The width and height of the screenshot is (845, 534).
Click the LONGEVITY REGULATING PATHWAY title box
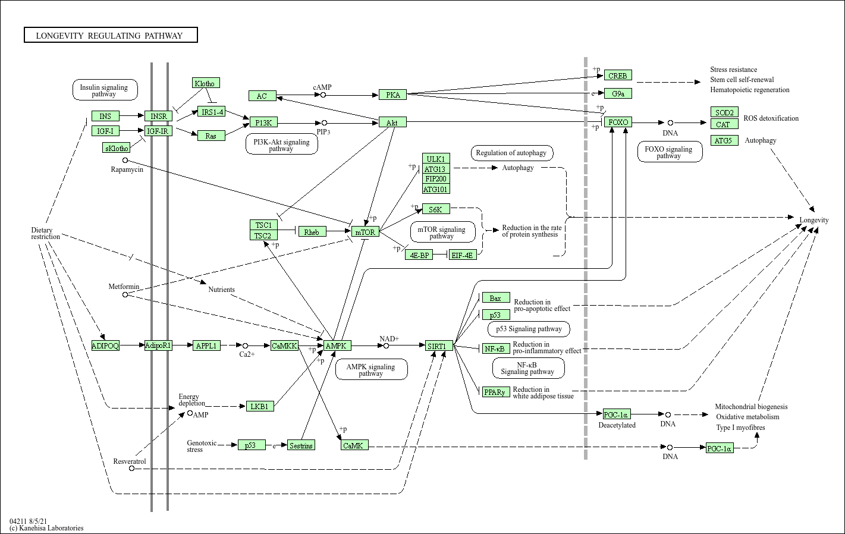111,35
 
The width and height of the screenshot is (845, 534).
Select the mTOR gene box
365,231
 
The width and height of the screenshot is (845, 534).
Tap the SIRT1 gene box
439,345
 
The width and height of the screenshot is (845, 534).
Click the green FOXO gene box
618,122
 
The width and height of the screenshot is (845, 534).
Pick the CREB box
617,76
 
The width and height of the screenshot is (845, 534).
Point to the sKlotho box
117,147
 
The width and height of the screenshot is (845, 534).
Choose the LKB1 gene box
260,406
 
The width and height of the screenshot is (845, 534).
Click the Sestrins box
301,445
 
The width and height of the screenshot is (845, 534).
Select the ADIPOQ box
105,345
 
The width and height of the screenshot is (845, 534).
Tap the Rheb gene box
312,231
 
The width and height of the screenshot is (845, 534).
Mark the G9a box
618,93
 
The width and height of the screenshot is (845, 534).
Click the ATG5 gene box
724,140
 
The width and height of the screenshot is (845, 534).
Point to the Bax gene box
495,297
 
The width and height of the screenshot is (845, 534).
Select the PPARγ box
495,391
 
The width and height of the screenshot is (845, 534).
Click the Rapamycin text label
127,169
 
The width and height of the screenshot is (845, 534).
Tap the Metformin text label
124,287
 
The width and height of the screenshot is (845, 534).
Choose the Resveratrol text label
130,461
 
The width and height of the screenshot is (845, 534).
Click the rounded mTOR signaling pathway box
442,233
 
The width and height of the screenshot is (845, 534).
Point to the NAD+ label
389,339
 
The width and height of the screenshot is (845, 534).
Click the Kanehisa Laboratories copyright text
47,527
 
